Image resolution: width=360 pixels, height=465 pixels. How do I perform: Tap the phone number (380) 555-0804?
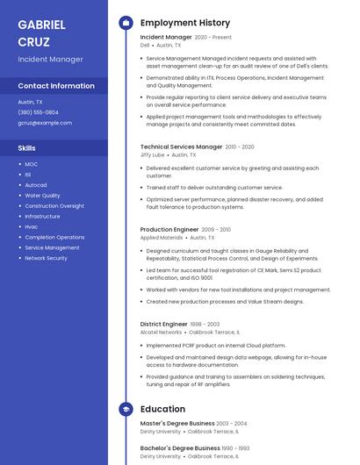tap(39, 112)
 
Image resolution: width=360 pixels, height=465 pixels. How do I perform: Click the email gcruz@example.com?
tap(45, 123)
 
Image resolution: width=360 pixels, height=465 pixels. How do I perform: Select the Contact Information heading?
tap(56, 86)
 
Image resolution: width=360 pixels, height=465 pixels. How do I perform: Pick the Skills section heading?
tap(27, 148)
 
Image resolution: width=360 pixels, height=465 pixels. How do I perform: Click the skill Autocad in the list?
tap(36, 185)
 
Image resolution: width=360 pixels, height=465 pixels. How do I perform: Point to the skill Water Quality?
tap(42, 196)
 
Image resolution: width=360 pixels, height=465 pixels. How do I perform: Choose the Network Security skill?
tap(46, 258)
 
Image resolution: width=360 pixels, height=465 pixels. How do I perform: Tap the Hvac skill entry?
tap(32, 226)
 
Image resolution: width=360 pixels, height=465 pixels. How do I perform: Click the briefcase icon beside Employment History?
tap(126, 23)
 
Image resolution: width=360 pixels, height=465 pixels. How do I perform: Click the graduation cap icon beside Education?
tap(126, 409)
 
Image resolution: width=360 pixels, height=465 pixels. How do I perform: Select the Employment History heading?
tap(185, 23)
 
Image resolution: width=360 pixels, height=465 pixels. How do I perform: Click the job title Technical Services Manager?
tap(181, 147)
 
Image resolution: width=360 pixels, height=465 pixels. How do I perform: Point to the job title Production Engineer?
tap(169, 229)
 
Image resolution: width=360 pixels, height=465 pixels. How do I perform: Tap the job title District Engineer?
tap(164, 325)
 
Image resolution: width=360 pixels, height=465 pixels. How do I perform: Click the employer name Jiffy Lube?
tap(152, 154)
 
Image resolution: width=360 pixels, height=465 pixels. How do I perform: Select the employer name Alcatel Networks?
tap(161, 333)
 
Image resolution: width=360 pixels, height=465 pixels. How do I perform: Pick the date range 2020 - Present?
tap(213, 38)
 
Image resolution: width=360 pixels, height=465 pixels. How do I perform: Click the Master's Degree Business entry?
tap(176, 423)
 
